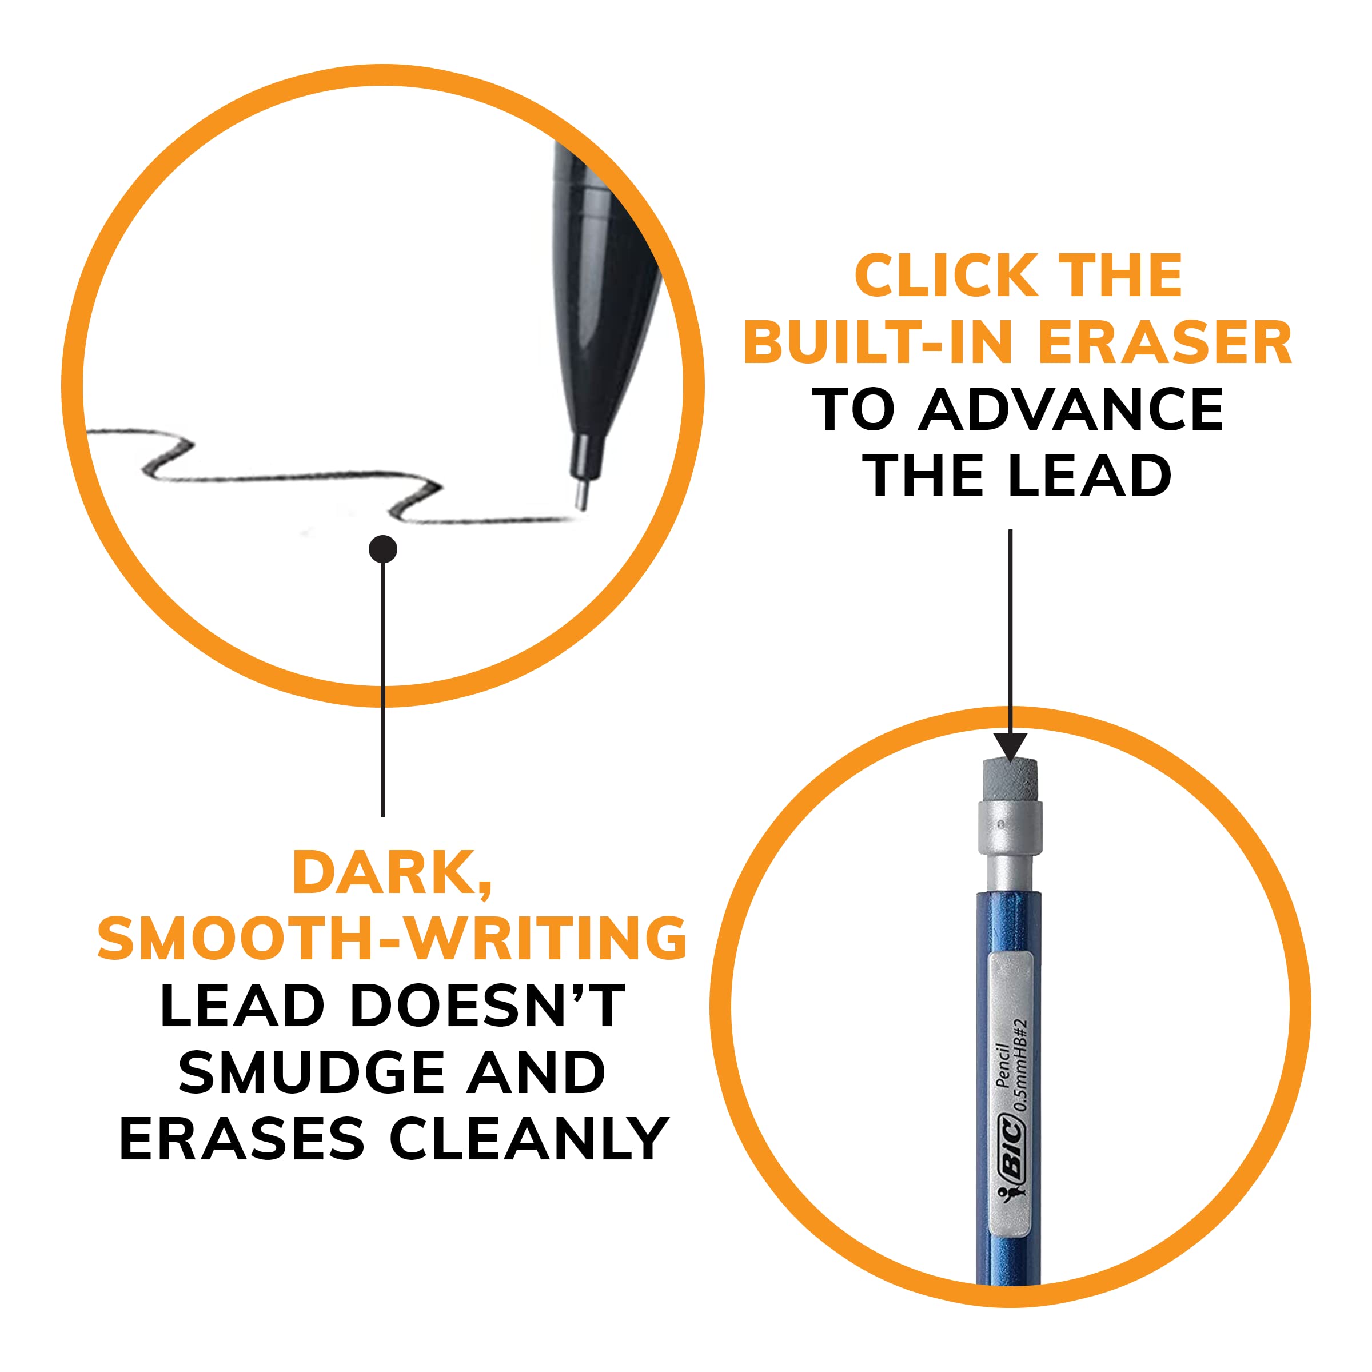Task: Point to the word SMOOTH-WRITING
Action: [x=392, y=939]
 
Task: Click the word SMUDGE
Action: [x=313, y=1073]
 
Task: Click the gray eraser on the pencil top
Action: [x=1010, y=780]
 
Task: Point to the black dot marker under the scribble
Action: [x=383, y=549]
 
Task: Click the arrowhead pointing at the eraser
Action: [x=1010, y=748]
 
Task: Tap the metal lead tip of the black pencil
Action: [x=581, y=495]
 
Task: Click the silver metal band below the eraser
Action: [x=1010, y=827]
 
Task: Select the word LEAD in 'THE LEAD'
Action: [x=1090, y=477]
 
